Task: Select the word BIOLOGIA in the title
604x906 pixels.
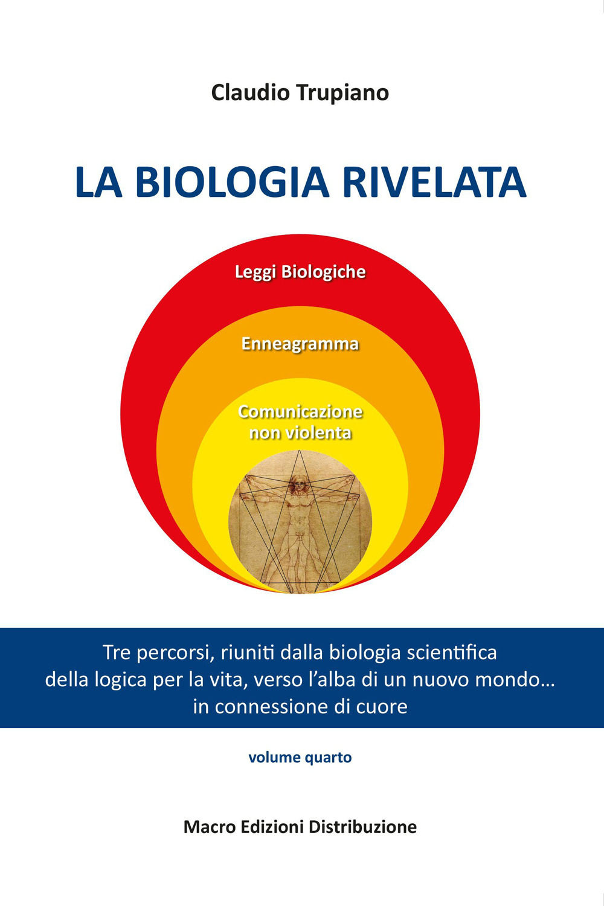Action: point(232,182)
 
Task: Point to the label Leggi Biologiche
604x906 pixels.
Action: point(300,272)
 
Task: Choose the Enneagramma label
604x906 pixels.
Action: point(300,344)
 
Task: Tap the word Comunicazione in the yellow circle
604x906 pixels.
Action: point(300,412)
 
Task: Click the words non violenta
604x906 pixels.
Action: point(300,433)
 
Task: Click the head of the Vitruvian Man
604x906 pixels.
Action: point(298,483)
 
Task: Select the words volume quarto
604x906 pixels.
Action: point(300,757)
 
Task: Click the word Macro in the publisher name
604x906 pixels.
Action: point(209,826)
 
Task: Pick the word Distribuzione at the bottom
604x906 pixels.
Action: point(362,826)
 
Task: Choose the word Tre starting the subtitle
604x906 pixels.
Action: point(117,653)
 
